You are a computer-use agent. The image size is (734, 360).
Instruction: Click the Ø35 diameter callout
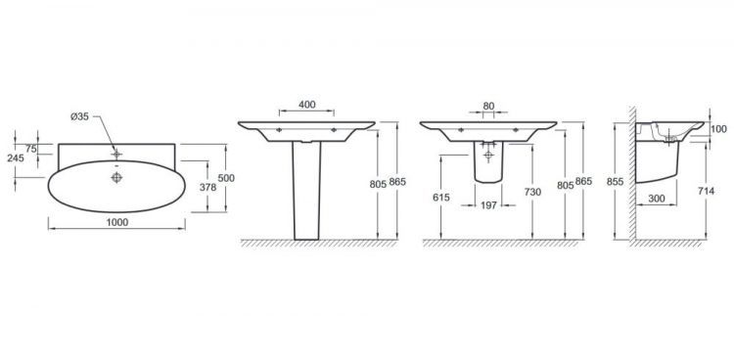[x=79, y=117]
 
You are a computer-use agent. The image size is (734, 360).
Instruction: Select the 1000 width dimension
[x=117, y=223]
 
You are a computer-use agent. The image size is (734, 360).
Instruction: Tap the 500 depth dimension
[x=226, y=178]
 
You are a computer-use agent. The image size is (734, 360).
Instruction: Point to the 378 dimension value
[x=207, y=187]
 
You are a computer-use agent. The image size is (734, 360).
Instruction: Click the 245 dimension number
[x=16, y=158]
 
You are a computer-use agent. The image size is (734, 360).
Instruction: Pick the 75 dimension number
[x=31, y=149]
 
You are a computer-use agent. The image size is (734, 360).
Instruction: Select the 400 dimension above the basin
[x=306, y=105]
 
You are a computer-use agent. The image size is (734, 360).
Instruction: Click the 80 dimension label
[x=488, y=106]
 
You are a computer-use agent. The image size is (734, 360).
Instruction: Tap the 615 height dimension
[x=441, y=198]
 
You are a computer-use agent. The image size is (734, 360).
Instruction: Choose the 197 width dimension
[x=488, y=205]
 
